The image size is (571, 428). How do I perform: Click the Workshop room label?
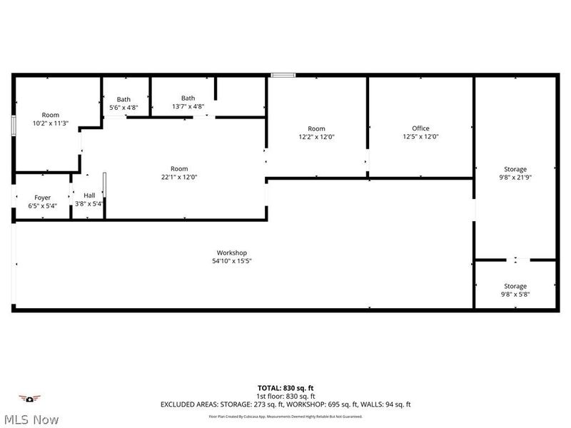(x=231, y=253)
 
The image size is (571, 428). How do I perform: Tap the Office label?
(x=420, y=128)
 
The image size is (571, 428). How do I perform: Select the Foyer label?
(x=42, y=197)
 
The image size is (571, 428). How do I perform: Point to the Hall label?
(x=89, y=195)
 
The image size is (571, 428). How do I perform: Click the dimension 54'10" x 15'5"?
(x=231, y=261)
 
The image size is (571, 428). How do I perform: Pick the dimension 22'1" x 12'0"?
(x=178, y=177)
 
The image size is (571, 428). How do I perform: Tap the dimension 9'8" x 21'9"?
(x=515, y=177)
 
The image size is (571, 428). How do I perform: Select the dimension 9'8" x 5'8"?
(x=515, y=294)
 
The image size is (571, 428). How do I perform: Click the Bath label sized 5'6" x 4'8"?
(x=123, y=99)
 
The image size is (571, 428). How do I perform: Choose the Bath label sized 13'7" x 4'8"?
(x=188, y=98)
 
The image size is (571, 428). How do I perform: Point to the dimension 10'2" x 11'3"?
(x=50, y=123)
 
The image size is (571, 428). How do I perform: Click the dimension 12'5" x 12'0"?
(x=420, y=136)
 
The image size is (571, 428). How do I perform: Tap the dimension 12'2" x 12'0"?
(x=316, y=136)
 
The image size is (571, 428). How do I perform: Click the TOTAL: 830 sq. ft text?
(x=285, y=388)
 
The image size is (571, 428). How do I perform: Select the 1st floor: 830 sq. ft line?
(x=285, y=396)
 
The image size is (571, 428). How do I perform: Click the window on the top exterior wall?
(x=283, y=73)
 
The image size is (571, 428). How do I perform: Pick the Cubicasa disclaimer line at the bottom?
(x=285, y=417)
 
